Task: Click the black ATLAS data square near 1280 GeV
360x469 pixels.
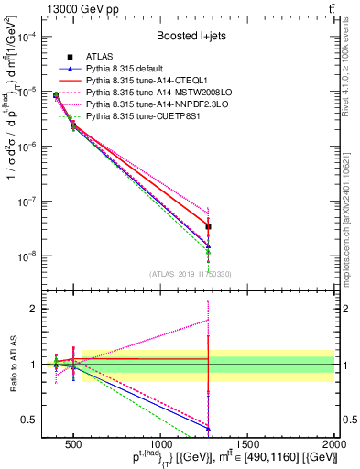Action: click(x=208, y=225)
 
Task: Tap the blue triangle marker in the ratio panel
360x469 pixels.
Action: click(x=208, y=429)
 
